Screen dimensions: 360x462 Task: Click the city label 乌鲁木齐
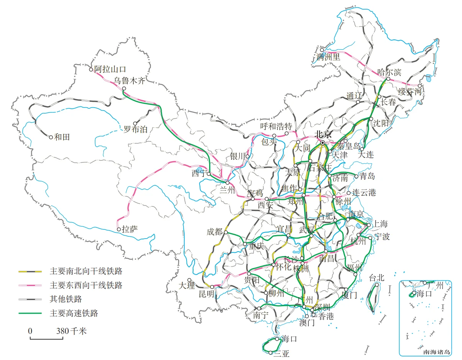pos(130,81)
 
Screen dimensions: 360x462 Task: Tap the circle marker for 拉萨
pos(119,229)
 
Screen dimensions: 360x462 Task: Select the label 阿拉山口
pos(110,69)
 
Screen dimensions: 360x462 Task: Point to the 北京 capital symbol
pos(323,142)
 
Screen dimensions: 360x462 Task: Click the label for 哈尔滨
pos(389,72)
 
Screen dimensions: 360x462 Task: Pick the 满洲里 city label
pos(329,57)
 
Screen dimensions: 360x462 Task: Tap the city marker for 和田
pos(51,137)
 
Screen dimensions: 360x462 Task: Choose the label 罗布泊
pos(135,129)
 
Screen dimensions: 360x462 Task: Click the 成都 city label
pos(215,232)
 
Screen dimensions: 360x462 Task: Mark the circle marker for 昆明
pos(212,286)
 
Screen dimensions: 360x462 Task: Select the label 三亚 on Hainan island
pos(281,354)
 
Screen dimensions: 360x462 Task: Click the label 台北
pos(376,278)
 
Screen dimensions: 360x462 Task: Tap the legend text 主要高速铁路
pos(74,313)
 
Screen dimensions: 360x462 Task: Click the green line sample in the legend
pos(30,313)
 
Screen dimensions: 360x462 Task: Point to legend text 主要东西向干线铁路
pos(86,285)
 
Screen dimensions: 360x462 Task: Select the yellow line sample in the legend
pos(30,272)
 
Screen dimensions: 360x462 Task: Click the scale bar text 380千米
pos(72,331)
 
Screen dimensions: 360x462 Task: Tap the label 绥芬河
pos(410,92)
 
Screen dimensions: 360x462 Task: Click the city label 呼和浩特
pos(276,127)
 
